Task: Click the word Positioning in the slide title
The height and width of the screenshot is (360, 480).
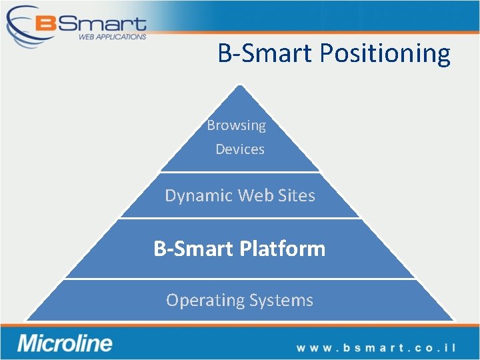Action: click(x=385, y=53)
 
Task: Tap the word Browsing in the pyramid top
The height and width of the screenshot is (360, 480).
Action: click(x=236, y=125)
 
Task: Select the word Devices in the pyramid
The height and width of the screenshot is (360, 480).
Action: click(x=240, y=149)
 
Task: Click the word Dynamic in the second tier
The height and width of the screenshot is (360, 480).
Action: click(x=199, y=195)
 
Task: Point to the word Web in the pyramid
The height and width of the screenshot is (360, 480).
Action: click(x=253, y=195)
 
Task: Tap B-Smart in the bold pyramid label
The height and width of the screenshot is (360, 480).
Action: click(x=193, y=249)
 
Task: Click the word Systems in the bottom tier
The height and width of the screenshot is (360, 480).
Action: click(x=281, y=301)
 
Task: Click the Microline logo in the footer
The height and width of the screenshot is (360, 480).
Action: click(x=65, y=344)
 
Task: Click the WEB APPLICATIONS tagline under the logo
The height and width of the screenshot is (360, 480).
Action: click(x=112, y=37)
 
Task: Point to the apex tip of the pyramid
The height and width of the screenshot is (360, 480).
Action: click(x=240, y=85)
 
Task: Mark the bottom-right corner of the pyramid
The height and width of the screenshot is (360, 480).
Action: click(x=453, y=320)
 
